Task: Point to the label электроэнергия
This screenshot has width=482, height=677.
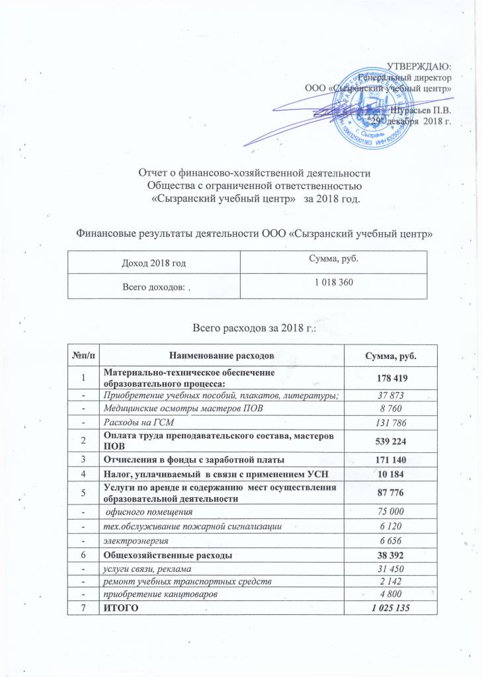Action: point(124,540)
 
